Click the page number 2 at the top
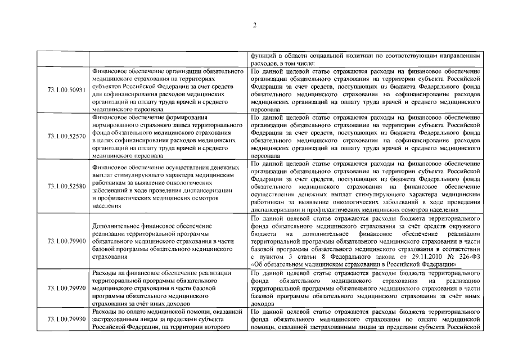point(254,25)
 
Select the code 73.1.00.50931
point(66,89)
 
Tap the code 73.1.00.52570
point(66,136)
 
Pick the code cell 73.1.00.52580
point(66,186)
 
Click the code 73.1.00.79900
point(66,240)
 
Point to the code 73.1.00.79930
point(66,319)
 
